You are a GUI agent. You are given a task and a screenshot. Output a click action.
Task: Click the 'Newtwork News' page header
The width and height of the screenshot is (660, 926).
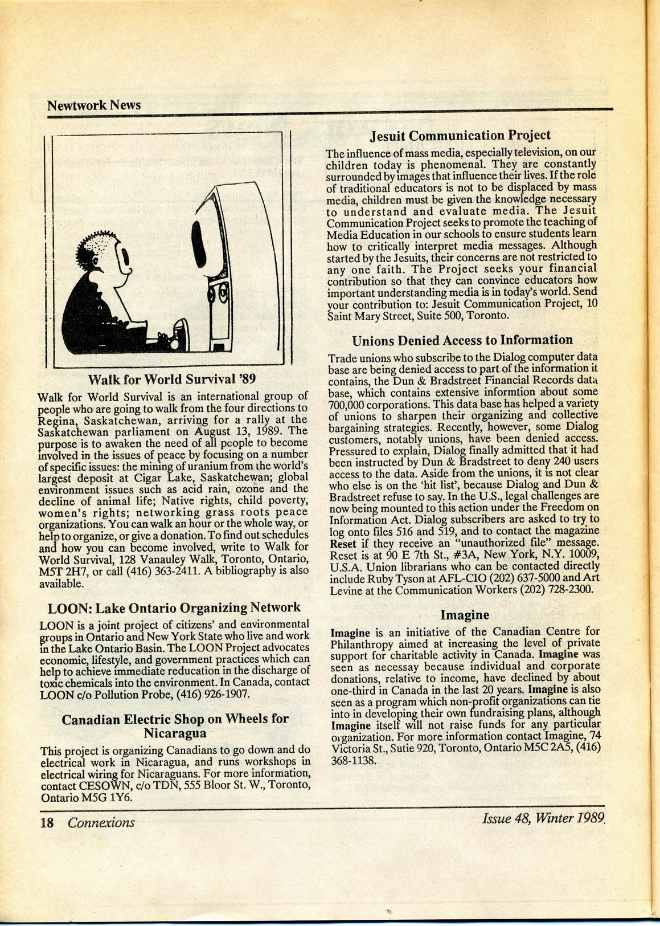[x=94, y=105]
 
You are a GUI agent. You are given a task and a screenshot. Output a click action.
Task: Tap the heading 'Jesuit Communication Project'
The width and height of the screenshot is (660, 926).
[x=460, y=136]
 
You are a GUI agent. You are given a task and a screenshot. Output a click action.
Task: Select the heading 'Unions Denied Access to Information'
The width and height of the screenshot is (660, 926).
[x=462, y=341]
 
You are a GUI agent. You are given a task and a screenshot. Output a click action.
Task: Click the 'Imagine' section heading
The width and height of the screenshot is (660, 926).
[x=465, y=615]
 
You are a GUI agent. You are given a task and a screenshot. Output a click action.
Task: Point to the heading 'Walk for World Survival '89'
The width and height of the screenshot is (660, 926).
[x=167, y=380]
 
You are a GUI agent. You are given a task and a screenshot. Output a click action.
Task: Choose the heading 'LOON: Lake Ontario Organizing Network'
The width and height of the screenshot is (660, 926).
[x=174, y=608]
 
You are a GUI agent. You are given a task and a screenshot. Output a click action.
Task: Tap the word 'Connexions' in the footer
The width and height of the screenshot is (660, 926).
[x=101, y=822]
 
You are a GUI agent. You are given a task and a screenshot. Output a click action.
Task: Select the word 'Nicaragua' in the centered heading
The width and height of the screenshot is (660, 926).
[x=175, y=732]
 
